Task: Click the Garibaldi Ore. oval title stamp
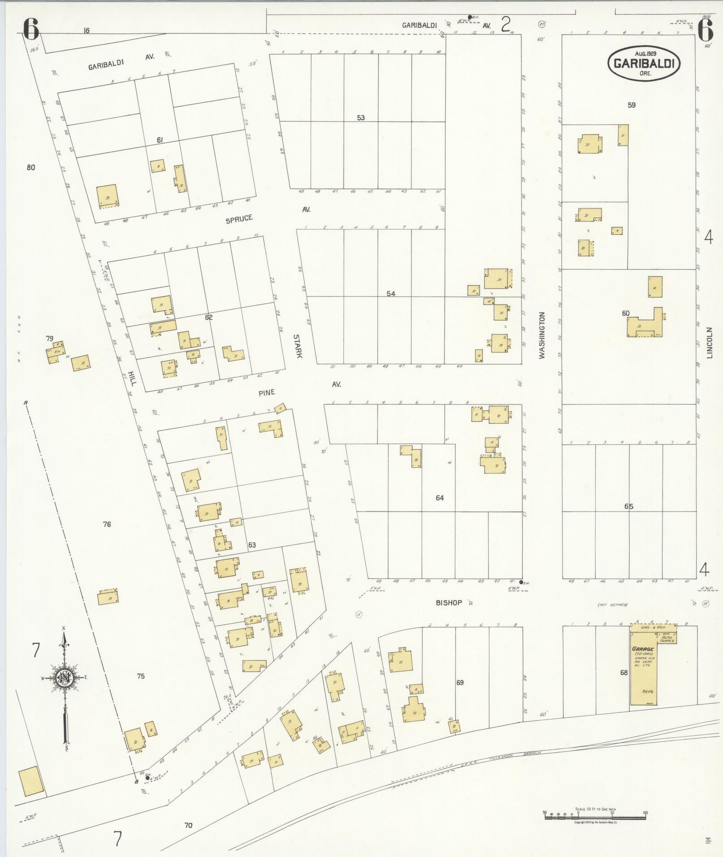pyautogui.click(x=644, y=64)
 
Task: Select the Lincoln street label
pyautogui.click(x=710, y=342)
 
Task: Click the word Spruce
pyautogui.click(x=239, y=219)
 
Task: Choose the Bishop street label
pyautogui.click(x=449, y=603)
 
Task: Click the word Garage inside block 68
pyautogui.click(x=642, y=649)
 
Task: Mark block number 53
pyautogui.click(x=360, y=118)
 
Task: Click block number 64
pyautogui.click(x=439, y=498)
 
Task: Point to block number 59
pyautogui.click(x=632, y=105)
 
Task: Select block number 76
pyautogui.click(x=106, y=524)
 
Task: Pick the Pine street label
pyautogui.click(x=266, y=393)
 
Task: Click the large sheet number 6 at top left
pyautogui.click(x=30, y=30)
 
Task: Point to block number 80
pyautogui.click(x=30, y=168)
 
